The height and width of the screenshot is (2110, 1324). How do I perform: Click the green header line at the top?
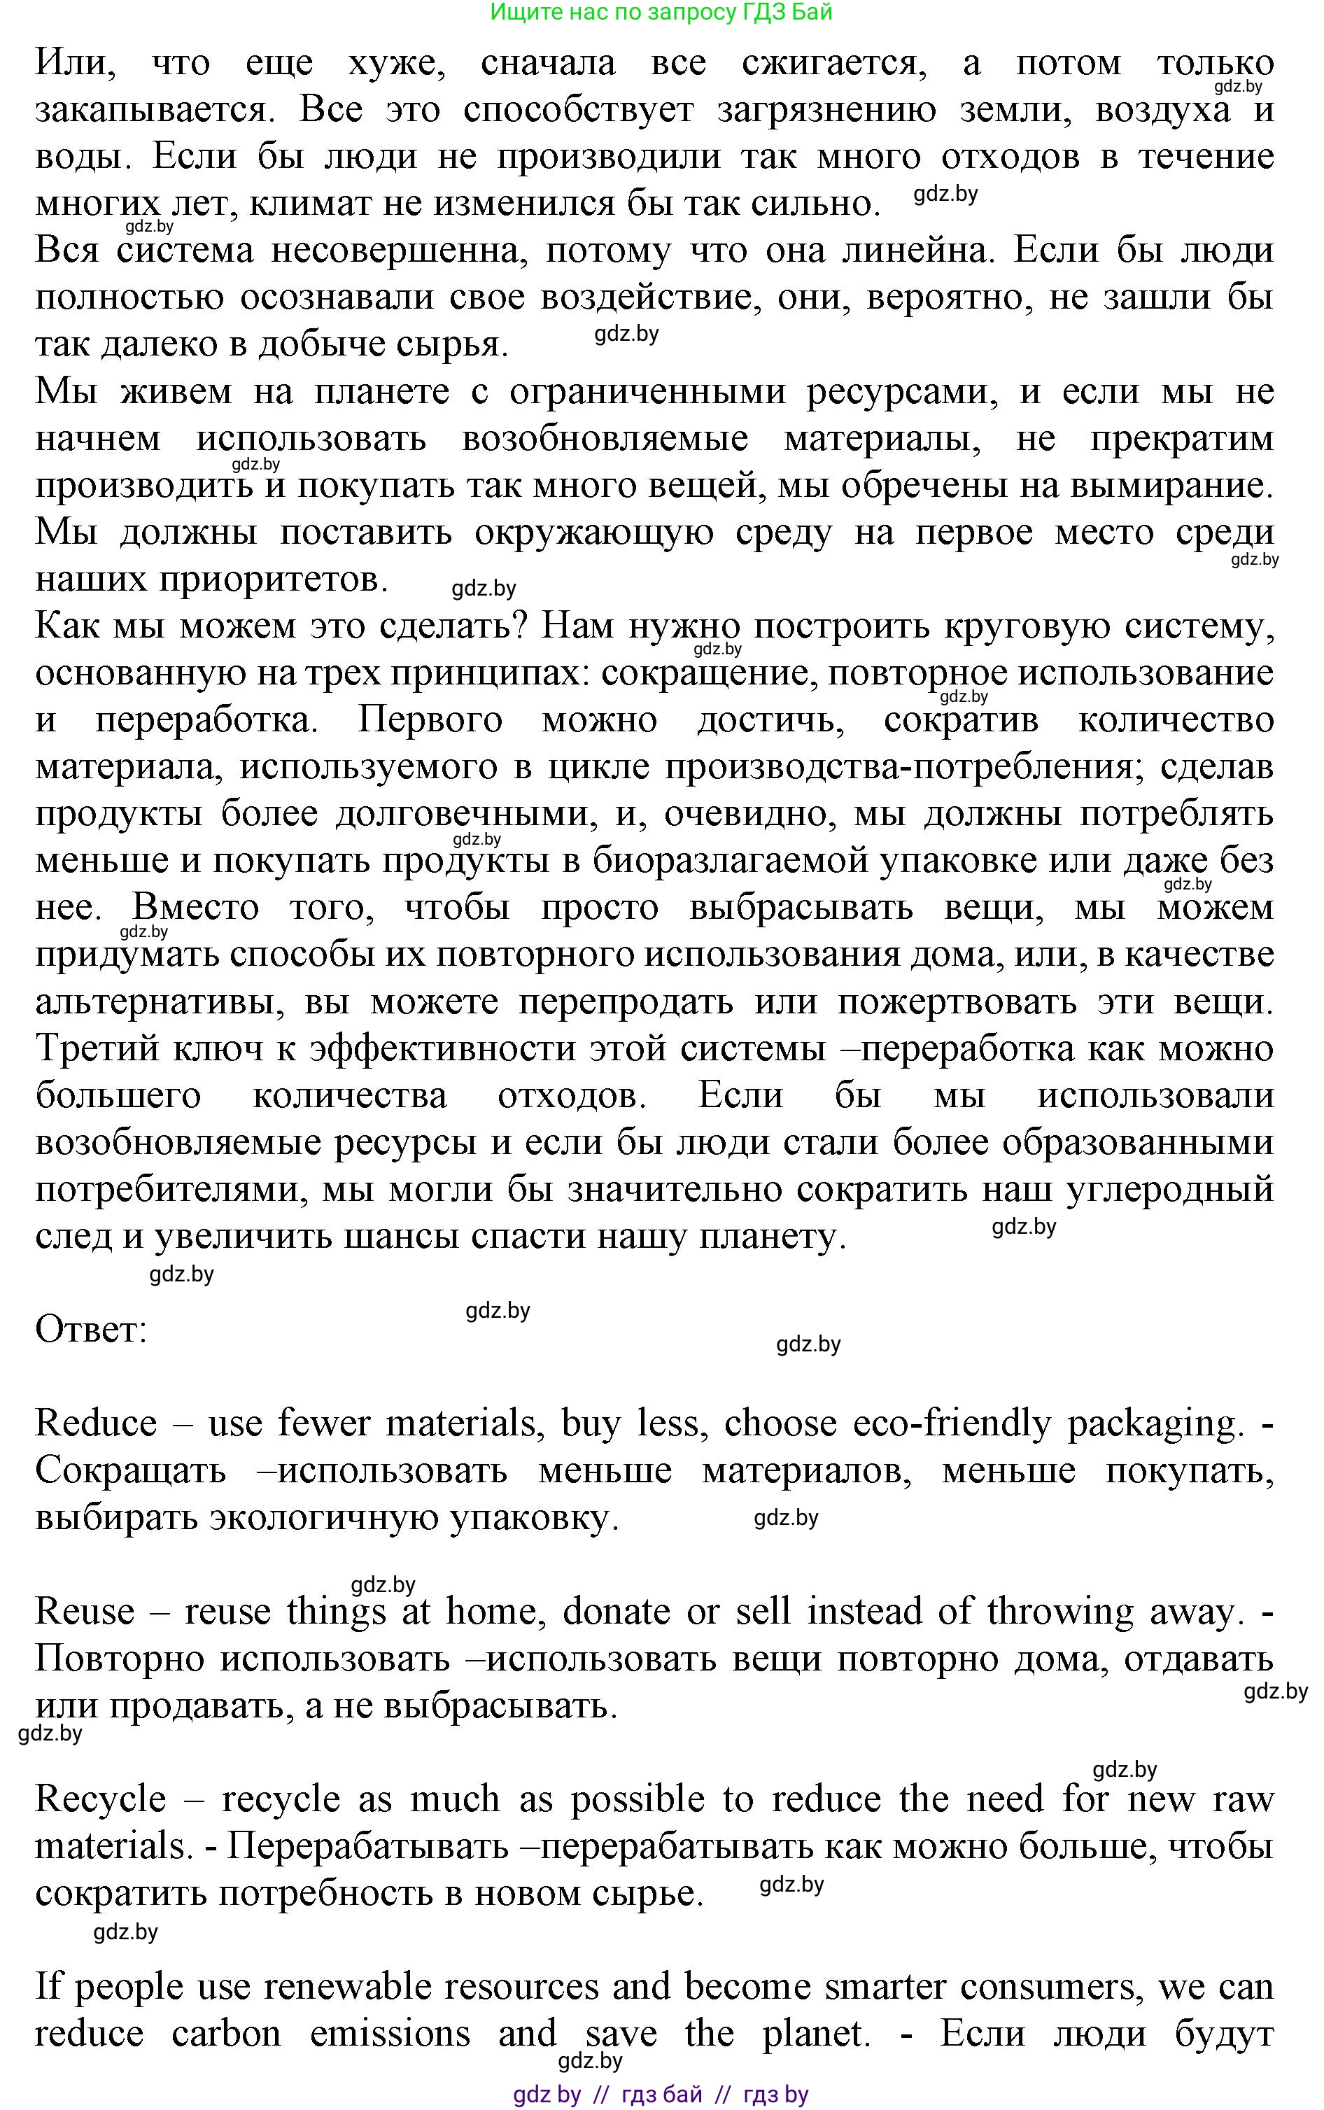(661, 13)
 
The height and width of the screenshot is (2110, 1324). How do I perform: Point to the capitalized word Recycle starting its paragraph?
(100, 1801)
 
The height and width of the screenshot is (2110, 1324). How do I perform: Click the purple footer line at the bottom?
(661, 2093)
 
